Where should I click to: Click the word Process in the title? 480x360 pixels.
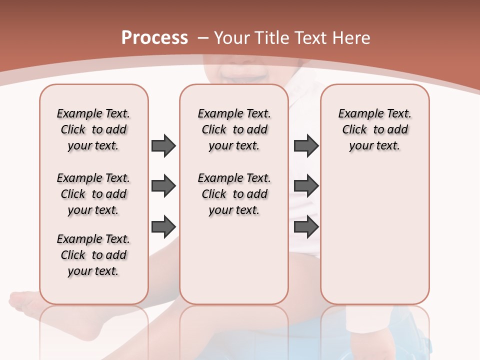point(154,38)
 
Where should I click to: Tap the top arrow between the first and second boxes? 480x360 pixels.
point(163,145)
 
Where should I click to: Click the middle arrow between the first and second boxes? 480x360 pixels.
point(163,186)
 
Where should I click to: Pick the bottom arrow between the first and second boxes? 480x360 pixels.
point(163,226)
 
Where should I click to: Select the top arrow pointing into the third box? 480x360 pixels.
point(306,145)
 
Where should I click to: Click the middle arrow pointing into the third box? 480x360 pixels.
point(306,186)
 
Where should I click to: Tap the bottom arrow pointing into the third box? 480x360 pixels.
point(306,227)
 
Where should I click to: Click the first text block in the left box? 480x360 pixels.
point(93,129)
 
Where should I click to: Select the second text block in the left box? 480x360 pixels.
point(93,194)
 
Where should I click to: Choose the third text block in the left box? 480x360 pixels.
point(93,255)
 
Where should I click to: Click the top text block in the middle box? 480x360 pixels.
point(234,129)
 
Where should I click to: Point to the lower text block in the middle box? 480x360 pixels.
point(234,194)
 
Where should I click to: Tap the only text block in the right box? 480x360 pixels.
point(374,129)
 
